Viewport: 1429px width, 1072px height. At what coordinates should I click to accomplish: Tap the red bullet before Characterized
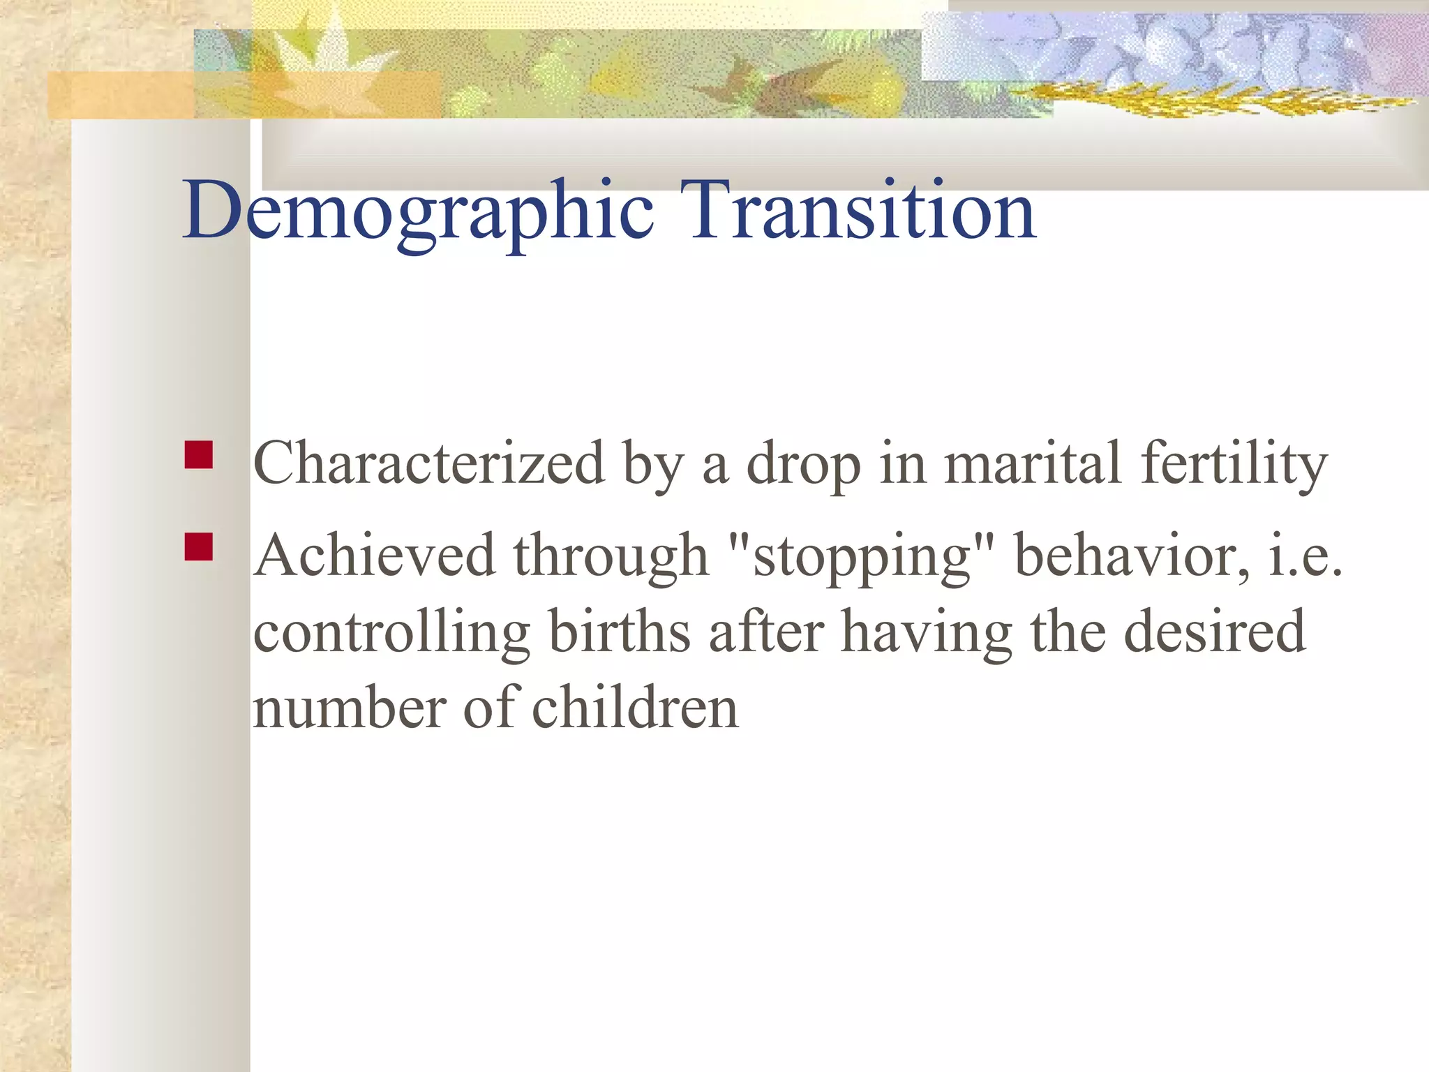(199, 454)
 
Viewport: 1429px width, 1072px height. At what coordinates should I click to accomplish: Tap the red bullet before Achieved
(199, 547)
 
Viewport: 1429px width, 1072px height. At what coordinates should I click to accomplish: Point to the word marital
(1032, 463)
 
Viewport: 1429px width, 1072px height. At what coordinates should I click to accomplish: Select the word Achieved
(374, 556)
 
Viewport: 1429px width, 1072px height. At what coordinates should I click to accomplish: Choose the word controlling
(391, 633)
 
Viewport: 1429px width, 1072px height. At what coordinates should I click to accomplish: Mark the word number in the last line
(348, 709)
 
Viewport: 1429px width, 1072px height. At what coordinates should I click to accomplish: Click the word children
(635, 708)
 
